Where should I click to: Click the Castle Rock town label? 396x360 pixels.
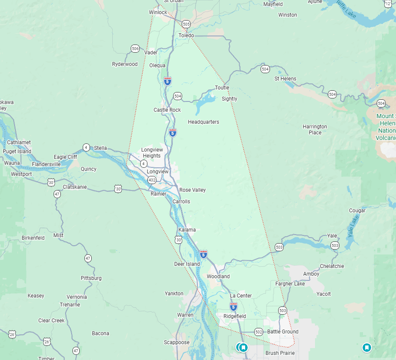pyautogui.click(x=167, y=110)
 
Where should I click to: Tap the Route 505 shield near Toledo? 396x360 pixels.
pyautogui.click(x=186, y=24)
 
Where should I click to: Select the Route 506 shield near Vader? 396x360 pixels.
pyautogui.click(x=135, y=48)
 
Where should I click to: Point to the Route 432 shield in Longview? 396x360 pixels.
pyautogui.click(x=152, y=180)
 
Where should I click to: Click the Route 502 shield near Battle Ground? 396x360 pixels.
pyautogui.click(x=258, y=332)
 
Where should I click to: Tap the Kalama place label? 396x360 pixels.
pyautogui.click(x=187, y=230)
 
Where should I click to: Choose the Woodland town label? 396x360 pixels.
pyautogui.click(x=218, y=277)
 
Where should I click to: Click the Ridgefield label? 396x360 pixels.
pyautogui.click(x=235, y=316)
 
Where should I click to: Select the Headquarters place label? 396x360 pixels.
pyautogui.click(x=203, y=122)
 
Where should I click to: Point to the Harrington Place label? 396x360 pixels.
pyautogui.click(x=315, y=129)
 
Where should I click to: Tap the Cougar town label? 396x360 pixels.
pyautogui.click(x=357, y=211)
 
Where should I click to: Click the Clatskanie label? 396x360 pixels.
pyautogui.click(x=75, y=187)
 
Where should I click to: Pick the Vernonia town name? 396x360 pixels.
pyautogui.click(x=77, y=297)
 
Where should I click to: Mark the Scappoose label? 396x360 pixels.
pyautogui.click(x=177, y=342)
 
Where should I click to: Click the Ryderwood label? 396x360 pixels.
pyautogui.click(x=125, y=64)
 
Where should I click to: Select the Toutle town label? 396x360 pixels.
pyautogui.click(x=222, y=88)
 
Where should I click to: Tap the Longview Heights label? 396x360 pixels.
pyautogui.click(x=152, y=153)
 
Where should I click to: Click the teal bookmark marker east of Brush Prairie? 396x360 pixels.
pyautogui.click(x=366, y=347)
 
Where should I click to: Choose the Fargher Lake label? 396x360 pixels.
pyautogui.click(x=290, y=284)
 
